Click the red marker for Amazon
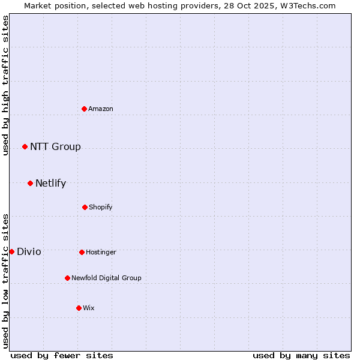click(x=84, y=109)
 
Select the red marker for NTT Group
click(x=25, y=146)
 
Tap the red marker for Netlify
click(x=30, y=183)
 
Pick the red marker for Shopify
click(x=85, y=207)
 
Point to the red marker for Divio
click(x=11, y=251)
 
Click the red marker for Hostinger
click(x=82, y=252)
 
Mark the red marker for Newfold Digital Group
click(x=67, y=278)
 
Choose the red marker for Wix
click(x=79, y=308)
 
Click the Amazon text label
click(x=101, y=109)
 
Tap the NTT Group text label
click(x=55, y=147)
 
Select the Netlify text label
click(x=50, y=184)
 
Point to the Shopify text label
click(x=101, y=207)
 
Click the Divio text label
click(x=29, y=252)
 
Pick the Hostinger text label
click(x=101, y=252)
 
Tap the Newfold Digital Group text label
click(x=106, y=278)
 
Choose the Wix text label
click(x=89, y=308)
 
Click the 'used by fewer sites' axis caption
click(x=62, y=356)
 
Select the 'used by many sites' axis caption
click(x=301, y=356)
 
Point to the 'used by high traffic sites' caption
click(x=5, y=85)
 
